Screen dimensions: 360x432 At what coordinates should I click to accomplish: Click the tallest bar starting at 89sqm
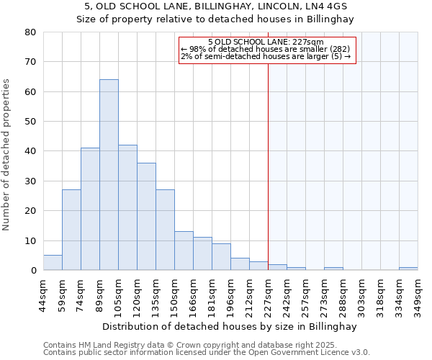[109, 175]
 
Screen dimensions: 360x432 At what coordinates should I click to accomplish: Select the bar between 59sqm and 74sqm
[71, 230]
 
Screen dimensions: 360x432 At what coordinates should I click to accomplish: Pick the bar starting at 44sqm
[53, 263]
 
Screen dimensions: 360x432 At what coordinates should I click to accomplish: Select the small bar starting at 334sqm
[408, 269]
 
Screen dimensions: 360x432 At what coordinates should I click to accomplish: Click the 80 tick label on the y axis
[30, 32]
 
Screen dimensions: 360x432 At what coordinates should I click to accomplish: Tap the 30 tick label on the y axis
[30, 181]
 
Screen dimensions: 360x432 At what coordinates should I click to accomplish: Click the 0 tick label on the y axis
[33, 271]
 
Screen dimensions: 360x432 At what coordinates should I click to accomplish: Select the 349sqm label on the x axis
[418, 293]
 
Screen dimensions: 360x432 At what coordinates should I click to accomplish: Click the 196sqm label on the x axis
[230, 293]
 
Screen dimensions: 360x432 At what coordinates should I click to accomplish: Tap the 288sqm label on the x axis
[343, 293]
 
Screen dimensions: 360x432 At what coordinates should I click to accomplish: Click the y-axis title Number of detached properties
[7, 155]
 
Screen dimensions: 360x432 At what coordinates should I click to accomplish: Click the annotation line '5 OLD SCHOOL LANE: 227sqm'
[266, 42]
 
